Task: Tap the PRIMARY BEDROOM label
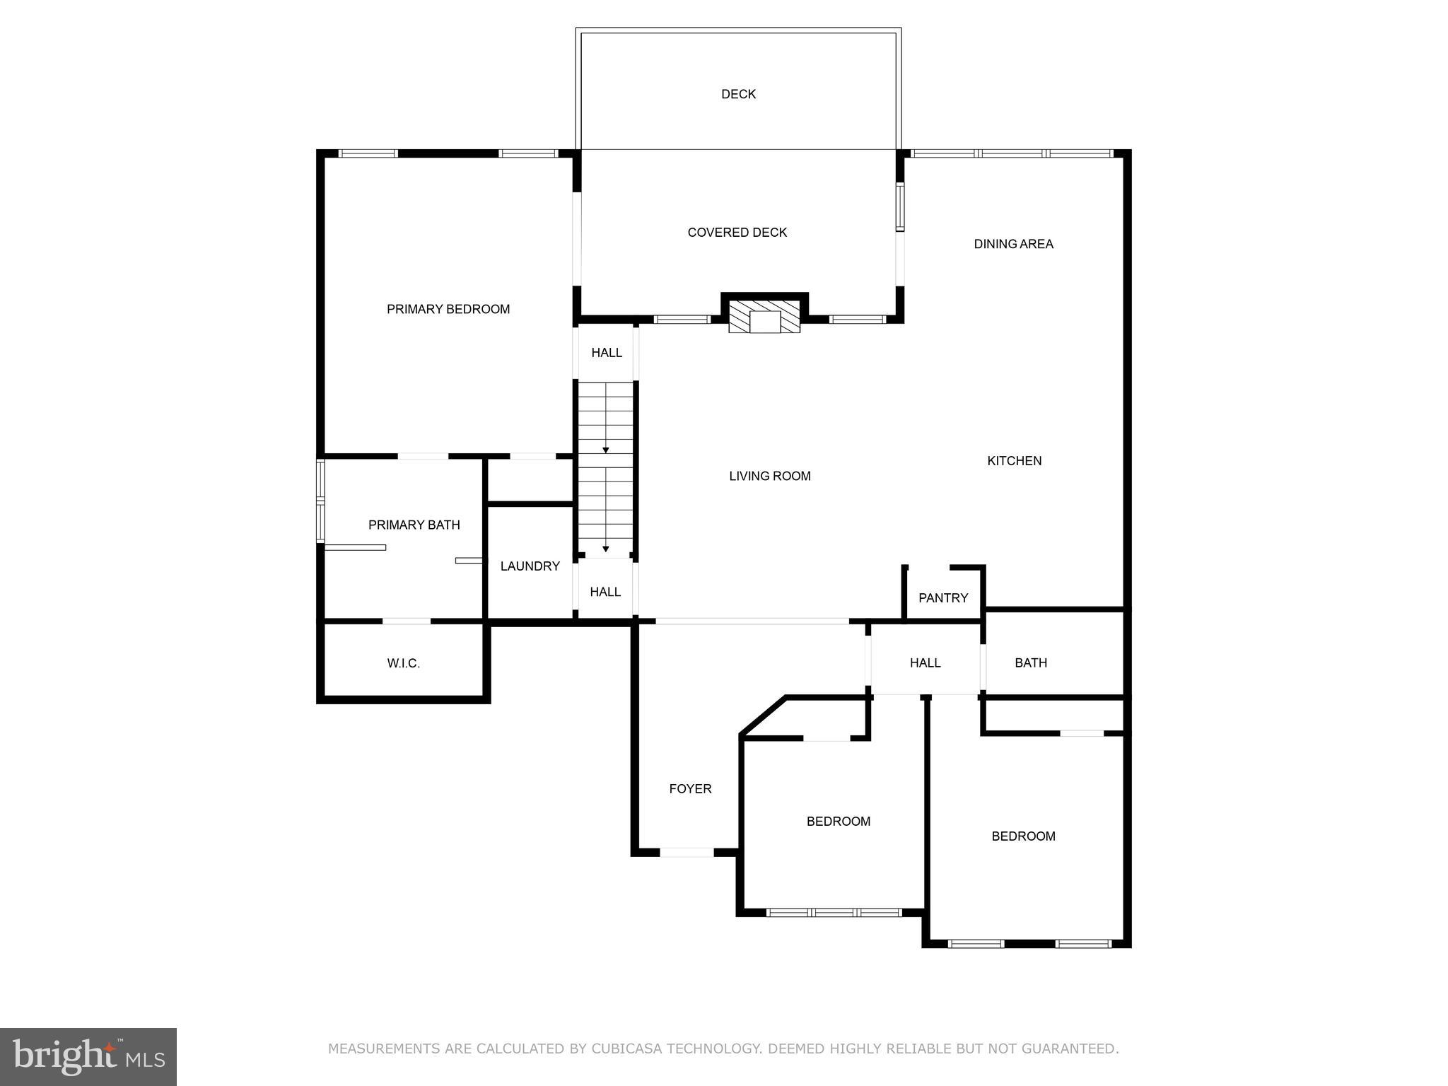[448, 309]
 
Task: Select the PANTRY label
[942, 598]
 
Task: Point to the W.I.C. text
[404, 663]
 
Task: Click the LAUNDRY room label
[530, 566]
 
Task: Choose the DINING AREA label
[1013, 244]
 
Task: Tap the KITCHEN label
[1014, 461]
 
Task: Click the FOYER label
[690, 789]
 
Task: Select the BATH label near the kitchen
[1030, 663]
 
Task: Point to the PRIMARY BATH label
[414, 525]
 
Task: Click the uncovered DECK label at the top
[738, 94]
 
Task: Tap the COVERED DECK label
[737, 233]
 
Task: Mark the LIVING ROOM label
[769, 477]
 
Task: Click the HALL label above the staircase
[607, 353]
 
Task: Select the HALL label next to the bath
[925, 663]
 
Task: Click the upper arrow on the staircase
[606, 450]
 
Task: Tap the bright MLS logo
[88, 1056]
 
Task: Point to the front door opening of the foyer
[687, 853]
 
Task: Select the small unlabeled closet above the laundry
[530, 481]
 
